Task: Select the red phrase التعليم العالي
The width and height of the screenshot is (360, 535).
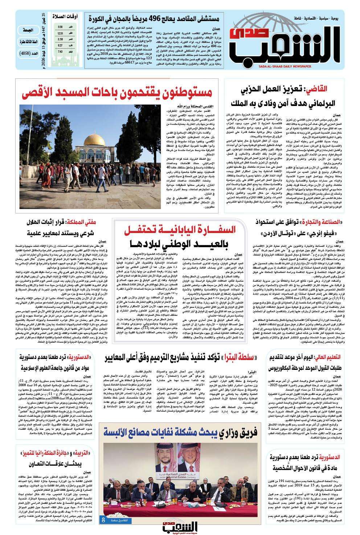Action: [x=326, y=357]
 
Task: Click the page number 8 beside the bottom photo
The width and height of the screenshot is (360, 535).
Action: [x=103, y=520]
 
